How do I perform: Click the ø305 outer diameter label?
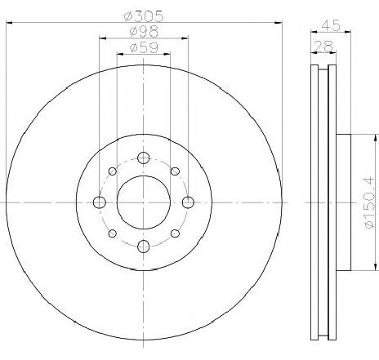coord(144,16)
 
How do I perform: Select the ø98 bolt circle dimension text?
coord(144,32)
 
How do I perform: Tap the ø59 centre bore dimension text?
coord(144,47)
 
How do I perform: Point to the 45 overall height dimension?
coord(331,25)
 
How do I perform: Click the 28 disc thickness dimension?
coord(323,46)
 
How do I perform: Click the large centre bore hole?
coord(144,202)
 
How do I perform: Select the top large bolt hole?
coord(144,158)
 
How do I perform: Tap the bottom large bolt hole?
coord(144,247)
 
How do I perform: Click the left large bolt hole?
coord(99,202)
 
